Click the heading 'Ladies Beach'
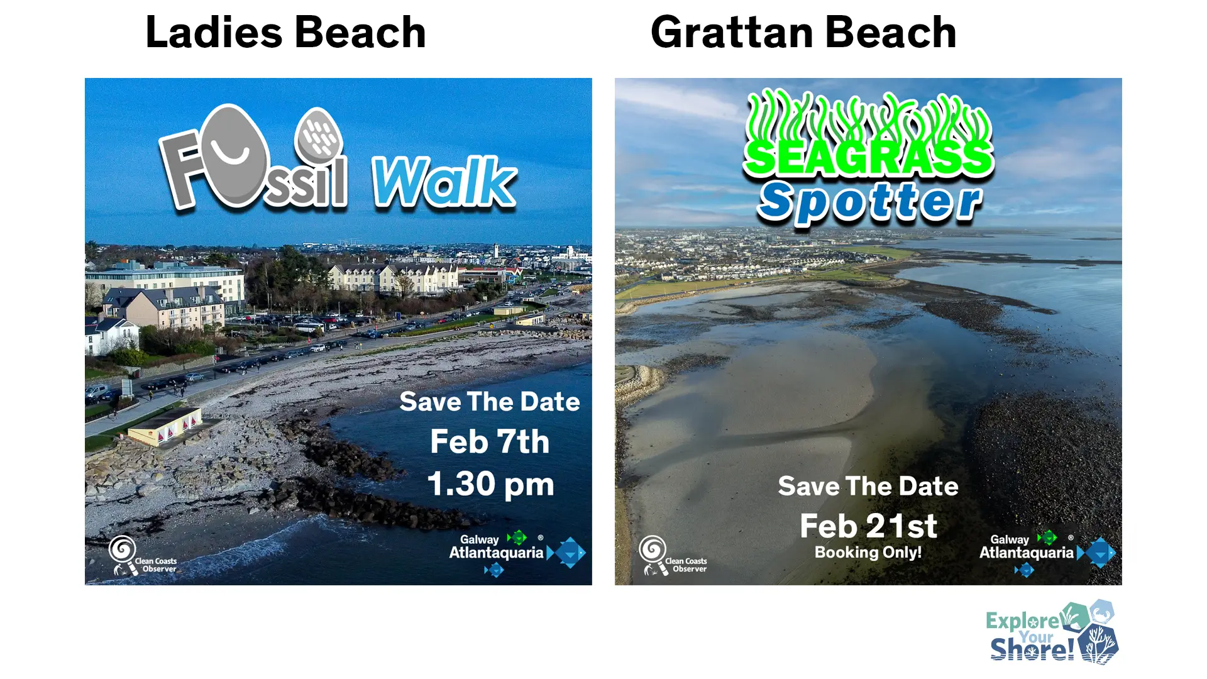(x=285, y=33)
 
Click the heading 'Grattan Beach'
(x=803, y=33)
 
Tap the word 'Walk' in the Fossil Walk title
(x=444, y=182)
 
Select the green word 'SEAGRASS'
(x=868, y=157)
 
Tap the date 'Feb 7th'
(x=490, y=441)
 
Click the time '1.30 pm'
(x=490, y=484)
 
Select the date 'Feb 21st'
(x=868, y=526)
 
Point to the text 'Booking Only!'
(x=868, y=553)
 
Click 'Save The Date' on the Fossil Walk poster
(x=490, y=402)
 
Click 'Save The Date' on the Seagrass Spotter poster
(x=868, y=486)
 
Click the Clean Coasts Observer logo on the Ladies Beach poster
(x=141, y=556)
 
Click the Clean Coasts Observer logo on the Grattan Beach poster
(x=672, y=556)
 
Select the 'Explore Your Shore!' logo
(x=1051, y=632)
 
